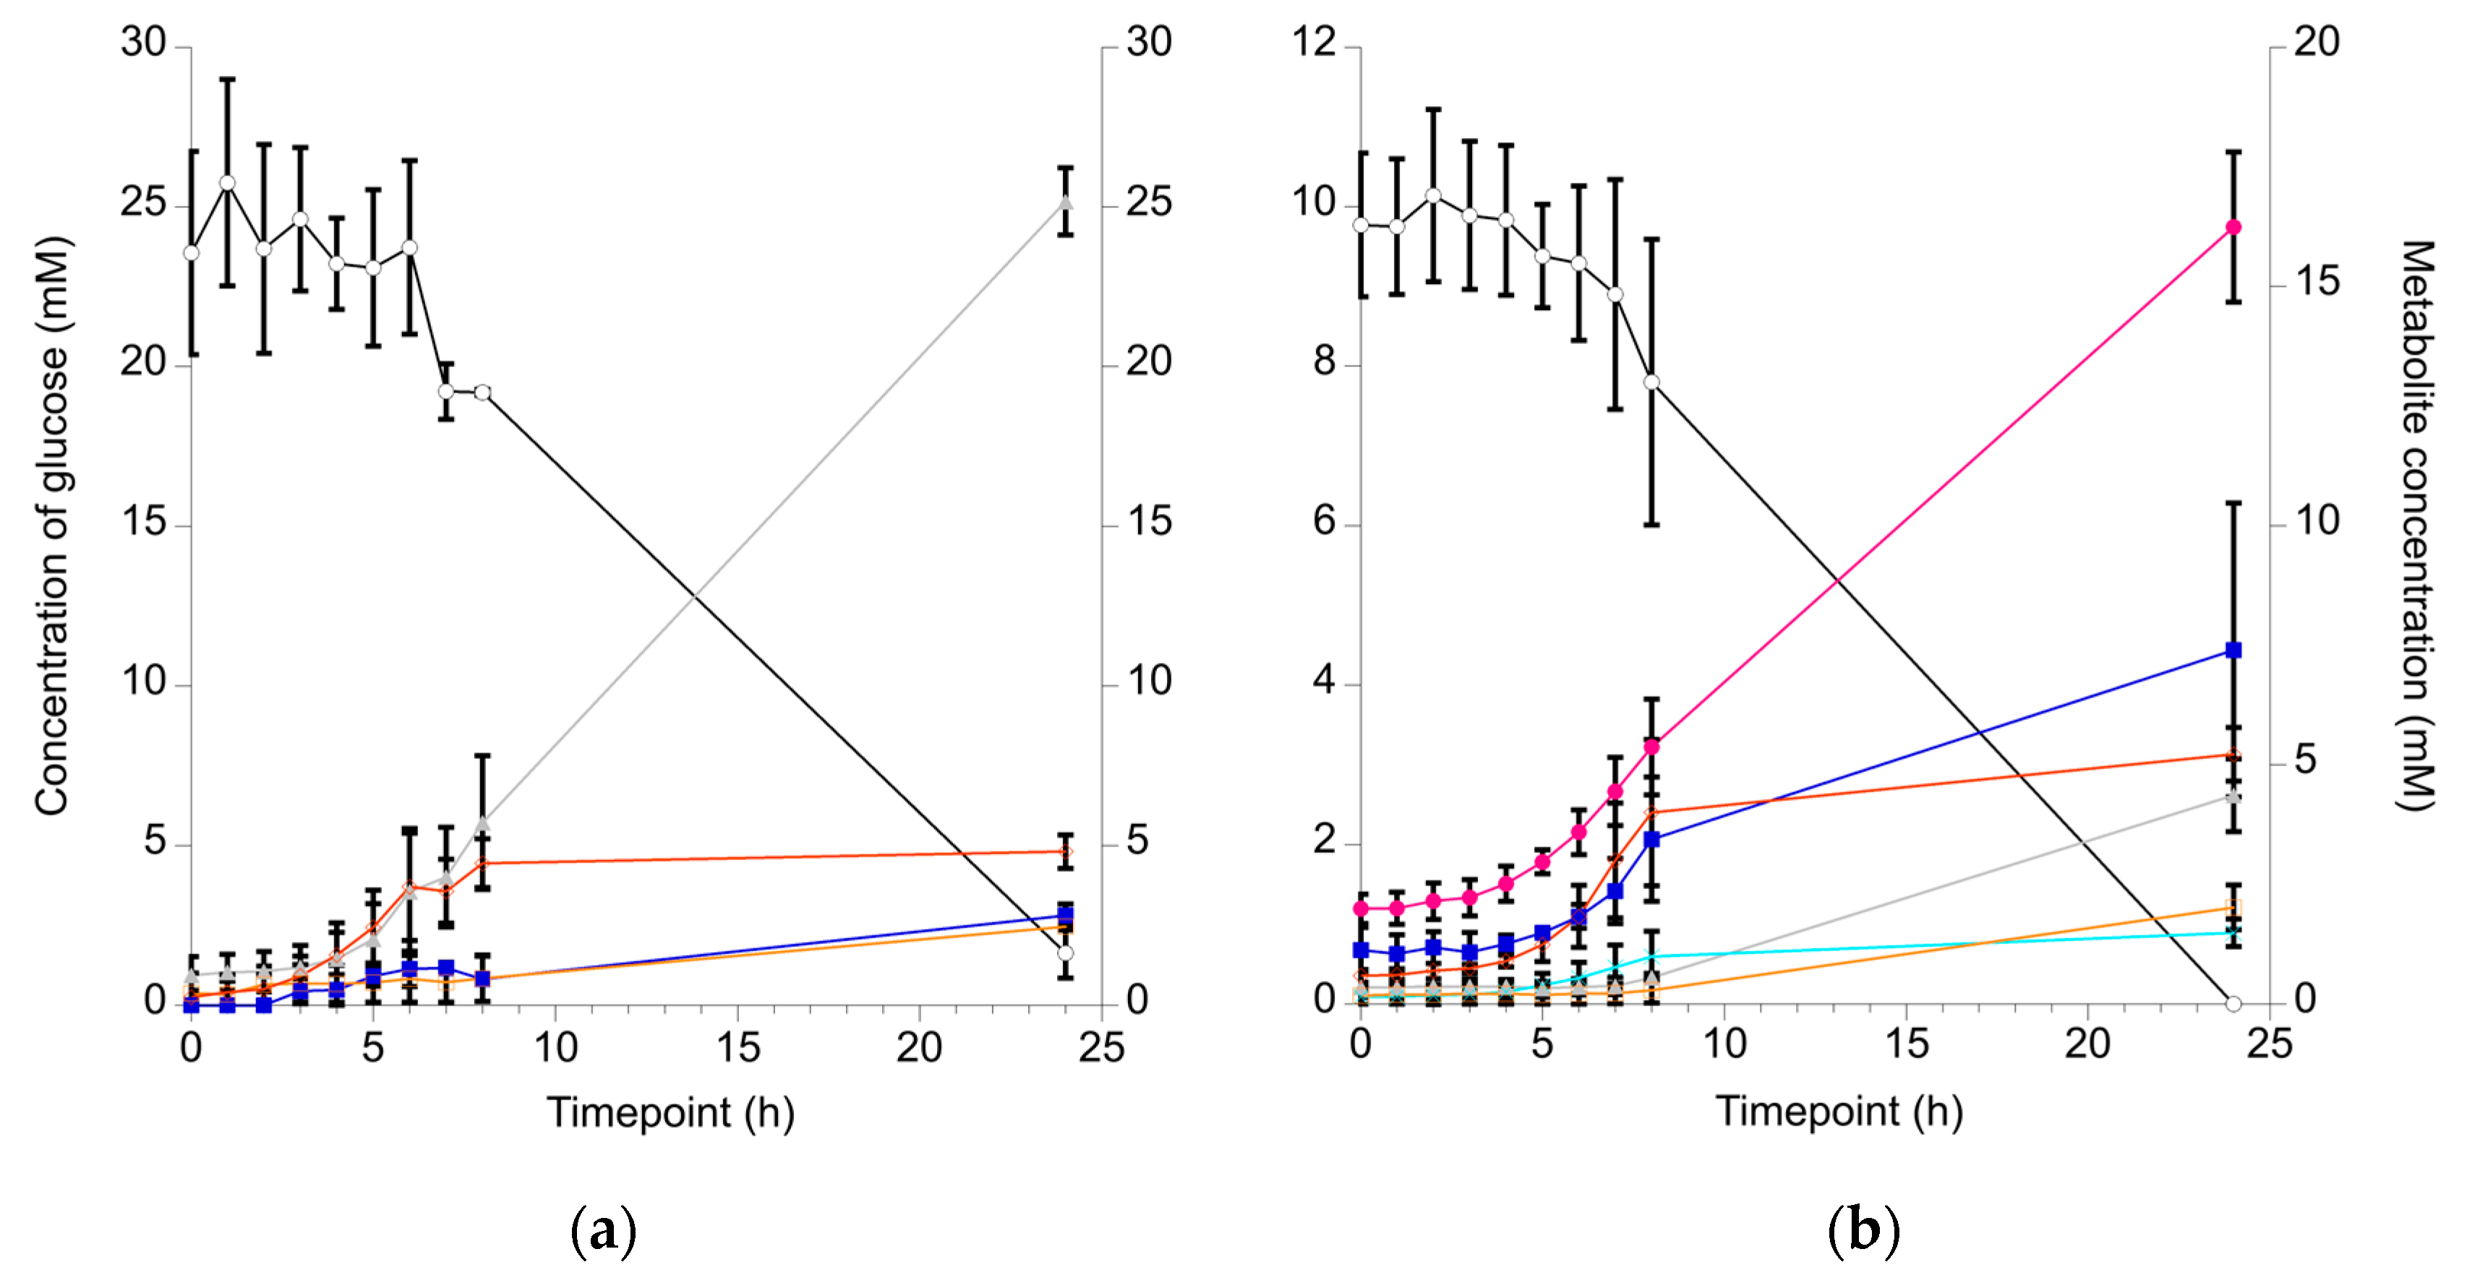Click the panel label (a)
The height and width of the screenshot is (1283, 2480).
604,1231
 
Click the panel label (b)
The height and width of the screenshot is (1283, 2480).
1863,1231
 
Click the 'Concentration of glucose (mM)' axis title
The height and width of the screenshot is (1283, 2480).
52,525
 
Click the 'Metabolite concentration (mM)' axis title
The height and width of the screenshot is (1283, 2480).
2416,525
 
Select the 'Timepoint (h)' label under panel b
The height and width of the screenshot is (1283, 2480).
1839,1112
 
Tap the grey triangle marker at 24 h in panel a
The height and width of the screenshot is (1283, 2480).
1066,203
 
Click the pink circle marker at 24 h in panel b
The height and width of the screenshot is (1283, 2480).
2233,227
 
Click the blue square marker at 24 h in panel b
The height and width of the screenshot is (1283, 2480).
2233,651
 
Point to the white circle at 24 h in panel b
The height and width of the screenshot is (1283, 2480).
2233,1003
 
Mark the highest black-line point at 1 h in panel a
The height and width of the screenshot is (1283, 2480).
227,183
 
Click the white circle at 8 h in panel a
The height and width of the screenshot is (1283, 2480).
482,392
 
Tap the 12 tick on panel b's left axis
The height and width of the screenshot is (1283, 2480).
1314,43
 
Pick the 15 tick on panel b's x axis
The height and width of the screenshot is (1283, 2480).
1906,1045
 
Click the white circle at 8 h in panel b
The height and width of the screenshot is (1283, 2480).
1651,382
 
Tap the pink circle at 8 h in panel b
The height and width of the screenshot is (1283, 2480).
1651,746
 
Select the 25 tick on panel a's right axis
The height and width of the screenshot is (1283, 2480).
1150,203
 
